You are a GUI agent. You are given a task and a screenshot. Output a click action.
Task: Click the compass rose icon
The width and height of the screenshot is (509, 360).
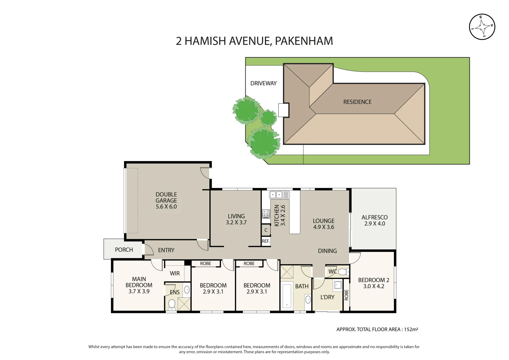point(482,27)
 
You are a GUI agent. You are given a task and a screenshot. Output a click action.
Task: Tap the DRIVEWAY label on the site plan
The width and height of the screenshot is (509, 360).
point(263,83)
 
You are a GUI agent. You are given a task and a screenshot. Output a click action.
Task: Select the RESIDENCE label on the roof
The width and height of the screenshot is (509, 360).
point(357,102)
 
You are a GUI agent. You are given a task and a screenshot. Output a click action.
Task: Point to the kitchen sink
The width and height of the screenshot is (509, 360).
point(276,195)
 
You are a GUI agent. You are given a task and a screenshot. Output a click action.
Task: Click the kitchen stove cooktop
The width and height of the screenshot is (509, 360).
point(266,214)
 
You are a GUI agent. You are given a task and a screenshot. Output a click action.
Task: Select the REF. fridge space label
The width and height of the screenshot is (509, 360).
point(266,241)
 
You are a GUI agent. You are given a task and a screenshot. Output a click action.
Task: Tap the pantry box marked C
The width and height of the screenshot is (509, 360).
point(266,230)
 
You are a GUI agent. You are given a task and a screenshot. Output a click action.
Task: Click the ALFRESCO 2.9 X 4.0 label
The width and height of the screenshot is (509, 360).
point(374,220)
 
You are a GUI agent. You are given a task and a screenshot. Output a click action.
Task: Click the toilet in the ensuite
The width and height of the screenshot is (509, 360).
point(172,304)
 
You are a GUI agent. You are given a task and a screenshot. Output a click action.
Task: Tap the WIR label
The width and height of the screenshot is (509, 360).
point(175,273)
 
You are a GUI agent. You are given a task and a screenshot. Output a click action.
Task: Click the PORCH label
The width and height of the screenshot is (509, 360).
point(124,250)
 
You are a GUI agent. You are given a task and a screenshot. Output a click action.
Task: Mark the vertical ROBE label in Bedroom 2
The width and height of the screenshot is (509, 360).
point(346,295)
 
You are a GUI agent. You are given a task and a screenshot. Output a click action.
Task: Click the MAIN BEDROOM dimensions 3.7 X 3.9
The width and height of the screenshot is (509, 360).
point(139,291)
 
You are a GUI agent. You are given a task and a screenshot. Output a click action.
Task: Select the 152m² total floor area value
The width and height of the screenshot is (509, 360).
point(411,329)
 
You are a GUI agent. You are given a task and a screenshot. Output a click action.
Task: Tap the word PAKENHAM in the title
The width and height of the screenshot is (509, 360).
point(304,41)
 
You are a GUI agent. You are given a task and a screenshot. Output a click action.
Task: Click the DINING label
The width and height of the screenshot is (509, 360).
point(327,251)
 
